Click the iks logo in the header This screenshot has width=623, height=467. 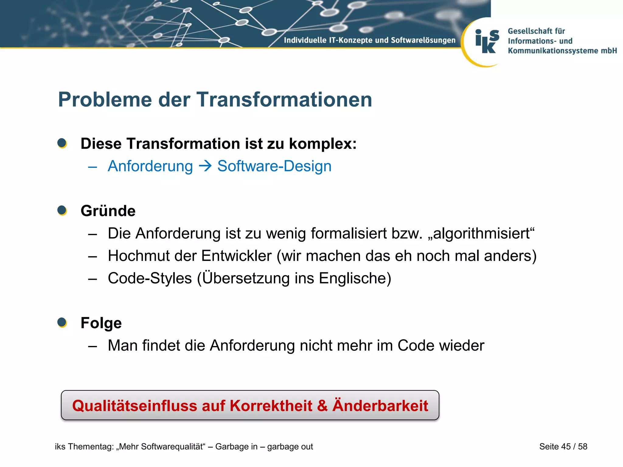487,42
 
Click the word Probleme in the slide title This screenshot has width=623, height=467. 105,100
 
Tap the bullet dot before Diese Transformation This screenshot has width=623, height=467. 62,143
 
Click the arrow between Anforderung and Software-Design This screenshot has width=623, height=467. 205,166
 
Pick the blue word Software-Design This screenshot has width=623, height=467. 274,166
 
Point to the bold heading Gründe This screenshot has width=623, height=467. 108,211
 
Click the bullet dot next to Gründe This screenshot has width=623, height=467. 62,210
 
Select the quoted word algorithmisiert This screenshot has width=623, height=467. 481,233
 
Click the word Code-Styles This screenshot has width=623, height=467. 150,278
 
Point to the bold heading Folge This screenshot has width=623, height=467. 101,323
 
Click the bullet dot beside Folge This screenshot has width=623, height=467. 62,323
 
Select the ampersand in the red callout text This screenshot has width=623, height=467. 322,406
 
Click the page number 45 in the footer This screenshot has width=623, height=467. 566,446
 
